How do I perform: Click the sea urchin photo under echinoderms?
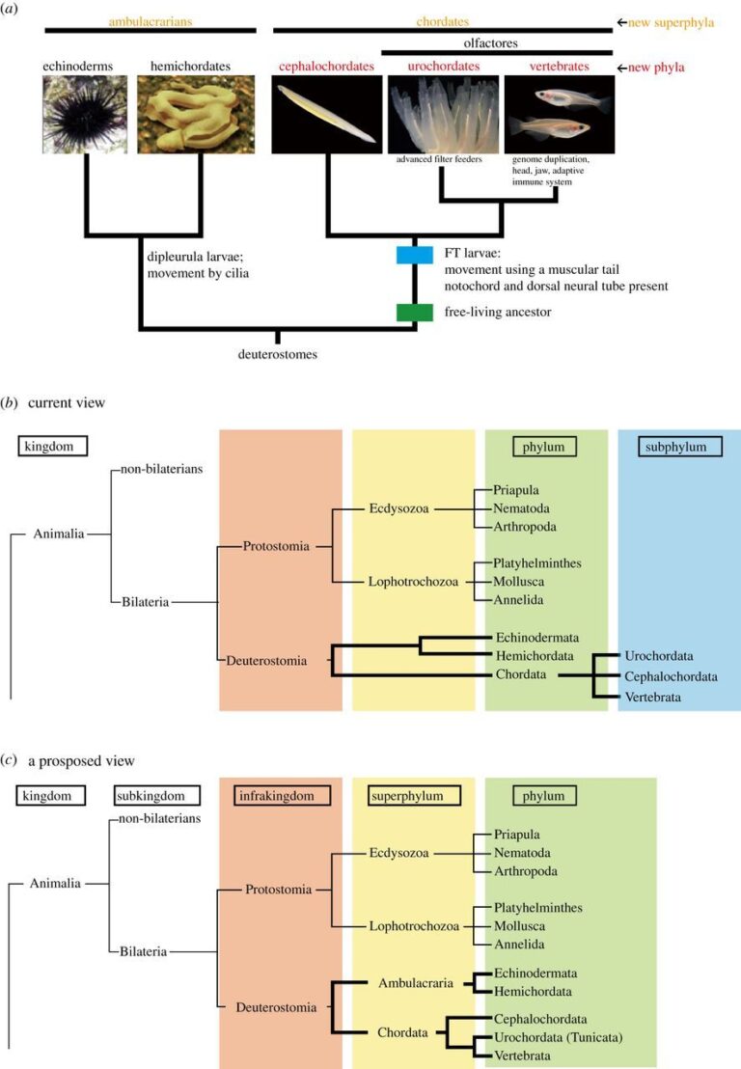pos(85,115)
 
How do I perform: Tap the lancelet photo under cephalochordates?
pos(327,115)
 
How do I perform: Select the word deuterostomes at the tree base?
pos(279,354)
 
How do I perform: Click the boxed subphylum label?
pos(678,446)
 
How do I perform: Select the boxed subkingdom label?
pos(156,797)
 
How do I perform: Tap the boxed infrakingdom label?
pos(281,797)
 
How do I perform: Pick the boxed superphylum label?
pos(413,797)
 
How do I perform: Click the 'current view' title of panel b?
pos(70,400)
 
